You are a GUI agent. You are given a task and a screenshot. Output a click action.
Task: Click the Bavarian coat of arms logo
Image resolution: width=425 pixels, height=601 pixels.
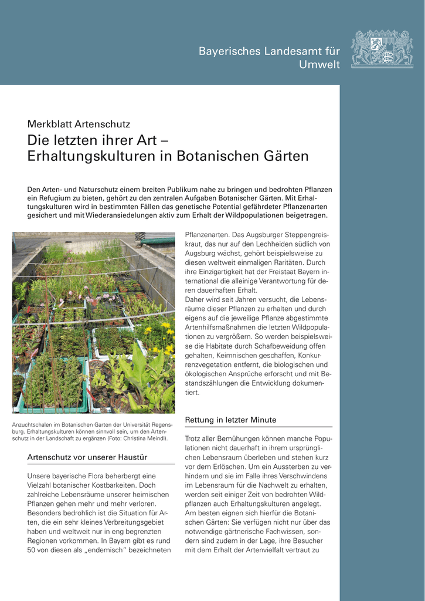point(382,49)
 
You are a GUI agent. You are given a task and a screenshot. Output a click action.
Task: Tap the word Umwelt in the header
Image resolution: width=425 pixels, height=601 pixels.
point(319,65)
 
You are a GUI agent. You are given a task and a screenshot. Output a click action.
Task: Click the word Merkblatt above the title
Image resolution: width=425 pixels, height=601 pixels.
point(49,124)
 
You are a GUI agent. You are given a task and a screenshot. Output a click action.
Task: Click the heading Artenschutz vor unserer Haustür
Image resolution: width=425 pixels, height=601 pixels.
point(87,457)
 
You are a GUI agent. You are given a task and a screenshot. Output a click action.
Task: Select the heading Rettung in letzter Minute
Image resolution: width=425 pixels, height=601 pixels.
point(230,420)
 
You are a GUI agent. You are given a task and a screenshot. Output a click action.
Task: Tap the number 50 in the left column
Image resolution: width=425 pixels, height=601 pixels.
point(33,550)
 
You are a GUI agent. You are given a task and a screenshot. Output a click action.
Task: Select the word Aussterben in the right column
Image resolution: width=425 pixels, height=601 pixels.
point(263,467)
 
